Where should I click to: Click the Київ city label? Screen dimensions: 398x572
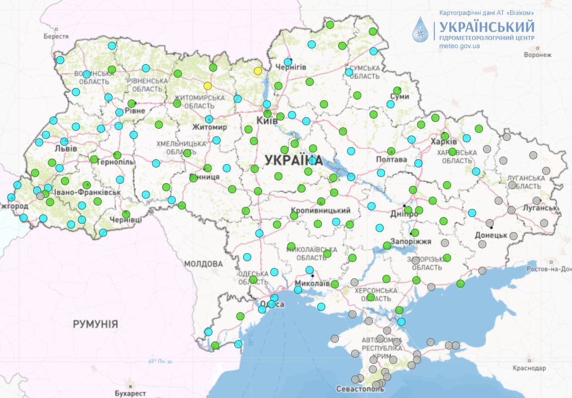click(267, 121)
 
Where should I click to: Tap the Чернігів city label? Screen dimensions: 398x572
click(291, 67)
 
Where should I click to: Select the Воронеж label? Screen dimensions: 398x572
click(537, 55)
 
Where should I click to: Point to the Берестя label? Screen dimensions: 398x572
click(57, 36)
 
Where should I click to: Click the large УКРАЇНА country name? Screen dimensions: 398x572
click(294, 160)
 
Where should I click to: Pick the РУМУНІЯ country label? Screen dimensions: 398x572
click(95, 324)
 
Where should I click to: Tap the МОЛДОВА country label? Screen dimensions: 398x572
click(203, 264)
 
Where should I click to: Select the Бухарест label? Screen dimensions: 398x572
click(130, 393)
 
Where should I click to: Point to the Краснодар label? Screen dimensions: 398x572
click(529, 368)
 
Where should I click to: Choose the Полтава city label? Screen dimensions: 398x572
click(391, 160)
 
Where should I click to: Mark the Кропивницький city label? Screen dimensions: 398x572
click(320, 210)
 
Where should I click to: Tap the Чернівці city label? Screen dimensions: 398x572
click(125, 220)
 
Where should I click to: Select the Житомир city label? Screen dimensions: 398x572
click(209, 127)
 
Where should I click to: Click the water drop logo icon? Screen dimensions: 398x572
click(421, 30)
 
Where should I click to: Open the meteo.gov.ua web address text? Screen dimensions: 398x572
click(459, 47)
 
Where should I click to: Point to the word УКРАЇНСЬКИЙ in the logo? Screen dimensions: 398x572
click(487, 27)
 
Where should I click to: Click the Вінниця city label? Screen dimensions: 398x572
click(204, 177)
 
